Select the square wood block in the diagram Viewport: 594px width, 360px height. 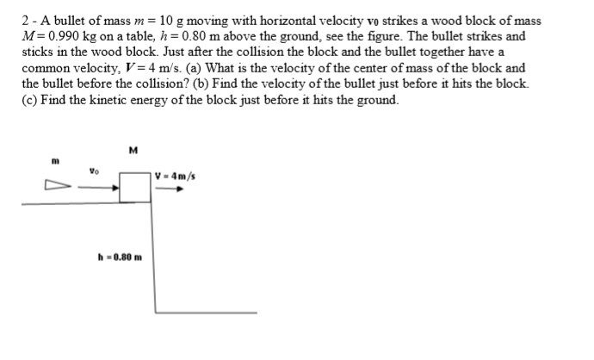coord(134,187)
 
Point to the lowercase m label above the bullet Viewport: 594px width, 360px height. coord(54,159)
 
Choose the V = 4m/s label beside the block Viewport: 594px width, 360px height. coord(176,177)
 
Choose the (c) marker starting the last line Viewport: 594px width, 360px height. coord(30,100)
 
